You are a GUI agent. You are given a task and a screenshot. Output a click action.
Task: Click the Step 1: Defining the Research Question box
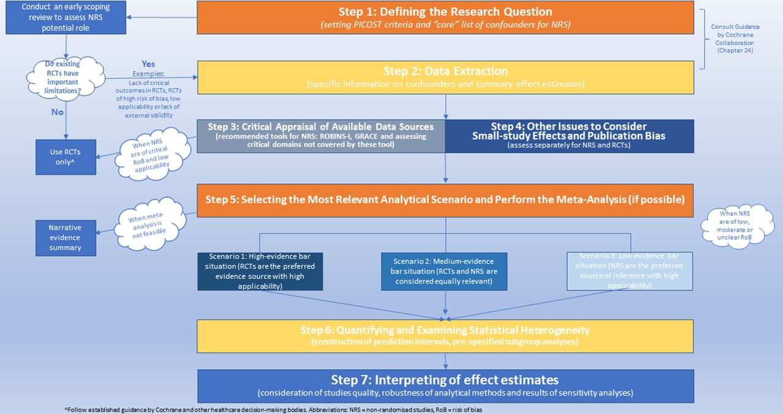coord(445,17)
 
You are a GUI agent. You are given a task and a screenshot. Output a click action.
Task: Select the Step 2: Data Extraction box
coord(445,77)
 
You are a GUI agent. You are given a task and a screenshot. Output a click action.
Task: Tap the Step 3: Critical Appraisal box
coord(321,136)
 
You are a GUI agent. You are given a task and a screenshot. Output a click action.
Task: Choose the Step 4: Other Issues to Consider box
coord(569,136)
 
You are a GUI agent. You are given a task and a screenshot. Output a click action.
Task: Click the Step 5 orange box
coord(445,200)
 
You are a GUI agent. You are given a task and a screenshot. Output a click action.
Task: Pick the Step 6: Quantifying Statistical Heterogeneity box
coord(445,335)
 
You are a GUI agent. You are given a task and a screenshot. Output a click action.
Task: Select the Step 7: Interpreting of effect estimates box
coord(445,385)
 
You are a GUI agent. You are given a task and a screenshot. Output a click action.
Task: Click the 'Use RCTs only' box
coord(65,157)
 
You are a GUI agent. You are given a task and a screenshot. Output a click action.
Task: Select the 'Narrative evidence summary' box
coord(65,237)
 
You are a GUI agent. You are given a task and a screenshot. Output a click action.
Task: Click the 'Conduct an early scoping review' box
coord(65,17)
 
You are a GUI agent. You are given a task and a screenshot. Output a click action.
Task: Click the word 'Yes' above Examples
coord(148,64)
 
